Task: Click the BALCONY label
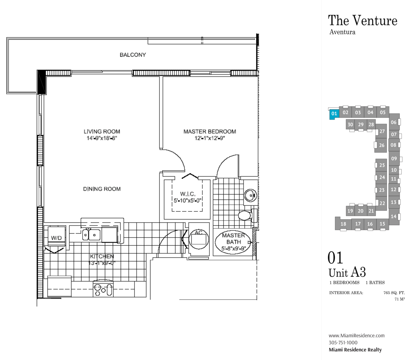[x=133, y=55]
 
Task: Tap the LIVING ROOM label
[x=102, y=131]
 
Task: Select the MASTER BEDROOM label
[x=210, y=131]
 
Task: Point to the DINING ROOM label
[x=102, y=189]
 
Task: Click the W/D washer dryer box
[x=56, y=236]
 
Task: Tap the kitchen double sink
[x=91, y=235]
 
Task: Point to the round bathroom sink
[x=250, y=195]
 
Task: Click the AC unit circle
[x=199, y=239]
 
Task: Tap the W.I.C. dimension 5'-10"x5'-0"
[x=187, y=200]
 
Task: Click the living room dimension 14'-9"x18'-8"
[x=102, y=138]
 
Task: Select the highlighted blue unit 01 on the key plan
[x=334, y=114]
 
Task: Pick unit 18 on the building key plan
[x=343, y=223]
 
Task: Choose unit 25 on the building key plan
[x=382, y=165]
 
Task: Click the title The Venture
[x=363, y=20]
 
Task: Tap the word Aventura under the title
[x=342, y=32]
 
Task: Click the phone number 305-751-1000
[x=343, y=343]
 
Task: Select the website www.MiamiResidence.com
[x=356, y=336]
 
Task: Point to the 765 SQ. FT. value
[x=394, y=293]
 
